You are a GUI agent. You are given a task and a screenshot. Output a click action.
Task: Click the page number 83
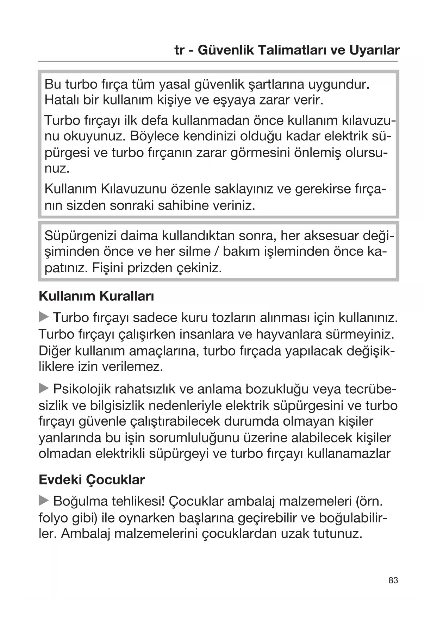393,580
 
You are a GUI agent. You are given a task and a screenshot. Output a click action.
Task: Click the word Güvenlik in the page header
225,50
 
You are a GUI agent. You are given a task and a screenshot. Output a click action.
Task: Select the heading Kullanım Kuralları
96,296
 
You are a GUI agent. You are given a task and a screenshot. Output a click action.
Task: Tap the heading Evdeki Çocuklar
92,480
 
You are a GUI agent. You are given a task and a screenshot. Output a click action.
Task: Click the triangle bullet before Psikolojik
44,389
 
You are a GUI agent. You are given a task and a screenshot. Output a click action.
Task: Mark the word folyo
52,518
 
